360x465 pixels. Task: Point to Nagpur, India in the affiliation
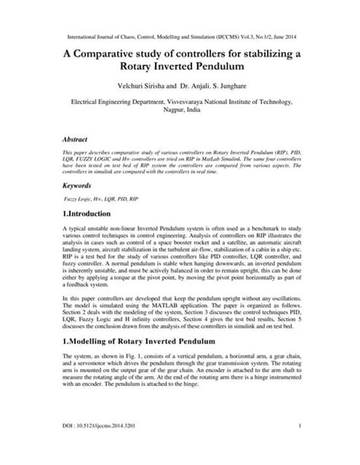point(180,109)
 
